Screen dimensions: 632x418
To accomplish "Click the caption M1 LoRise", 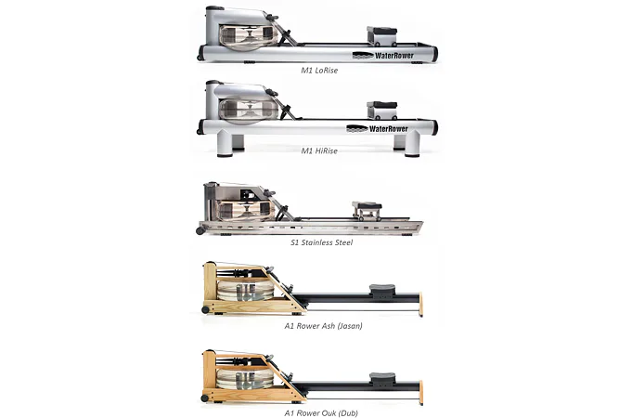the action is click(x=319, y=71).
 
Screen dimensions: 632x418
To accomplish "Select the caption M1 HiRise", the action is click(x=319, y=150).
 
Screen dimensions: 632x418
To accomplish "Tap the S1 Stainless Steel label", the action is click(x=322, y=242).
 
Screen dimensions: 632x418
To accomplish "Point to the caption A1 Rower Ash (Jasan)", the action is click(x=323, y=326).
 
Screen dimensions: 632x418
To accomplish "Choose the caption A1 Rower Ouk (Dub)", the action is click(x=321, y=413).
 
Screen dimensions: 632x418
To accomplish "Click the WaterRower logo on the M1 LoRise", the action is click(x=383, y=56).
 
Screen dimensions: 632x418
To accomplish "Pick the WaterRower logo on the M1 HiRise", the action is click(x=378, y=129).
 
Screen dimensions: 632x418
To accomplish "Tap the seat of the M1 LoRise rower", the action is click(x=381, y=31).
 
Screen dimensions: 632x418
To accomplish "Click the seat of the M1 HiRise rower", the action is click(x=381, y=105).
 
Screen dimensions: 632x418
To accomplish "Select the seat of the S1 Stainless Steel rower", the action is click(x=367, y=205).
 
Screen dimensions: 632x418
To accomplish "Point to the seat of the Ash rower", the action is click(x=382, y=289).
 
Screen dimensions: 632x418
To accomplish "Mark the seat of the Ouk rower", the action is click(x=382, y=377).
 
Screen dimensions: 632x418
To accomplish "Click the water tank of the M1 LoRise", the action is click(x=249, y=37).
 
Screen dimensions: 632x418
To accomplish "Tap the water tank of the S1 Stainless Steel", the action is click(x=246, y=210).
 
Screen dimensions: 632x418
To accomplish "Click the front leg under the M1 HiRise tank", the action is click(x=225, y=144).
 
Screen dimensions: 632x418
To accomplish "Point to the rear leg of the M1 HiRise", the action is click(x=412, y=144).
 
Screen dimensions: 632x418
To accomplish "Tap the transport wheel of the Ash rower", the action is click(x=205, y=310).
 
